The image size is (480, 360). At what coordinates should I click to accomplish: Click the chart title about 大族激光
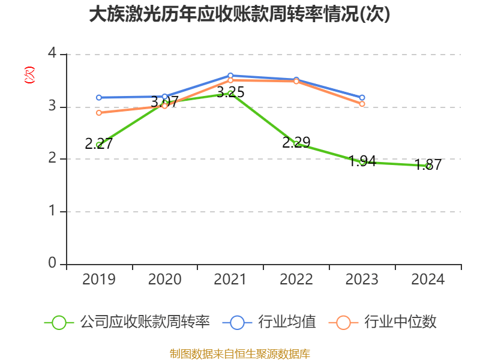[x=239, y=14]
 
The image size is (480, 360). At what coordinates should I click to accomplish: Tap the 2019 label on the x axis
[x=98, y=280]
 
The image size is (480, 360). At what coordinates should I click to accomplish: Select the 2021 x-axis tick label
[x=230, y=280]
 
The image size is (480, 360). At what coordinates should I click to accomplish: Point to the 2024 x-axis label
[x=428, y=280]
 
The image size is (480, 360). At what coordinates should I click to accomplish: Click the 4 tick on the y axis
[x=52, y=53]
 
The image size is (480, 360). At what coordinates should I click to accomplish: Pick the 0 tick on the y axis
[x=52, y=263]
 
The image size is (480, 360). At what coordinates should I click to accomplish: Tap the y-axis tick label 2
[x=52, y=158]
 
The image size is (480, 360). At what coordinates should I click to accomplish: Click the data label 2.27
[x=99, y=143]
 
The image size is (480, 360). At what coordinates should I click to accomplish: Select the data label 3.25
[x=230, y=92]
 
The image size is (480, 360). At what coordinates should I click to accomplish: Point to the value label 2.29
[x=296, y=143]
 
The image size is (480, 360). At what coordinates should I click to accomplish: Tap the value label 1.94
[x=362, y=161]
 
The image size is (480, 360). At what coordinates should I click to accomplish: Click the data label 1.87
[x=428, y=165]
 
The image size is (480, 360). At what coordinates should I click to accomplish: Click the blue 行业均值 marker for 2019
[x=99, y=97]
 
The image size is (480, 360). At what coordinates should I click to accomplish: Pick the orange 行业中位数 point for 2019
[x=99, y=112]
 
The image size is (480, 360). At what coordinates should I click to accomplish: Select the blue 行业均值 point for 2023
[x=362, y=97]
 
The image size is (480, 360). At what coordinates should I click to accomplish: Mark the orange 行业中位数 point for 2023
[x=362, y=104]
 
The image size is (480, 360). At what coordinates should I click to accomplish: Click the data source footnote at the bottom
[x=239, y=353]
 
